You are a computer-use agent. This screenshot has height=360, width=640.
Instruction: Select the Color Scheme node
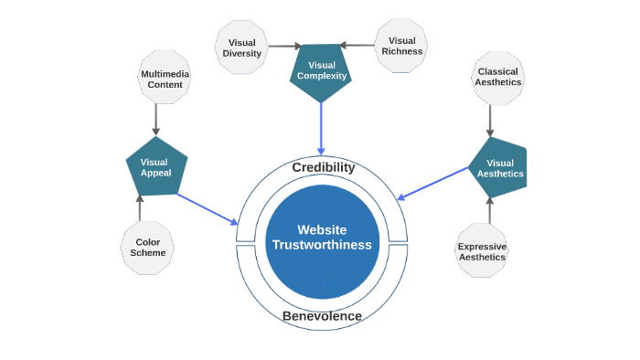(x=147, y=248)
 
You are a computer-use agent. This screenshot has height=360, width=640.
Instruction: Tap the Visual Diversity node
(x=241, y=47)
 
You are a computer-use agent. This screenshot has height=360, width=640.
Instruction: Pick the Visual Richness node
(x=401, y=46)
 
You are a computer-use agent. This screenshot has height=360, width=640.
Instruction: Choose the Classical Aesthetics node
(x=497, y=77)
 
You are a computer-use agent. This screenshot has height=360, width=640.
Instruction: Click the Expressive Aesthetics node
(x=482, y=250)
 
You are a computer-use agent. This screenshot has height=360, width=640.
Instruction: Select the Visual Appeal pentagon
(x=155, y=167)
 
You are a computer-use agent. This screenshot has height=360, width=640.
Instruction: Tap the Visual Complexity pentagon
(x=321, y=71)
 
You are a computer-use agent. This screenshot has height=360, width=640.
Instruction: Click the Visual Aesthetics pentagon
(x=499, y=168)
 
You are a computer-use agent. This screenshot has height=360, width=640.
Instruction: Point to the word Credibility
(x=323, y=167)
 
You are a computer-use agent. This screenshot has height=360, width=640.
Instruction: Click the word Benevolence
(x=322, y=316)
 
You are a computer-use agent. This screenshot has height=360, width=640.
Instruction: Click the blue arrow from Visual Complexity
(x=321, y=128)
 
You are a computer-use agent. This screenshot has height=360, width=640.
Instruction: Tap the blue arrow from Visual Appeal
(x=208, y=208)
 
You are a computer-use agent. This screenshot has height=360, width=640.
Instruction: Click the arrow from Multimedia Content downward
(x=156, y=119)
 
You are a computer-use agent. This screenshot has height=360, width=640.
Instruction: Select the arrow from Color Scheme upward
(x=139, y=207)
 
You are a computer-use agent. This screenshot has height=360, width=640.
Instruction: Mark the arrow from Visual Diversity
(x=284, y=46)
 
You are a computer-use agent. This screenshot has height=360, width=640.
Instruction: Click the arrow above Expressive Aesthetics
(x=489, y=210)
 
